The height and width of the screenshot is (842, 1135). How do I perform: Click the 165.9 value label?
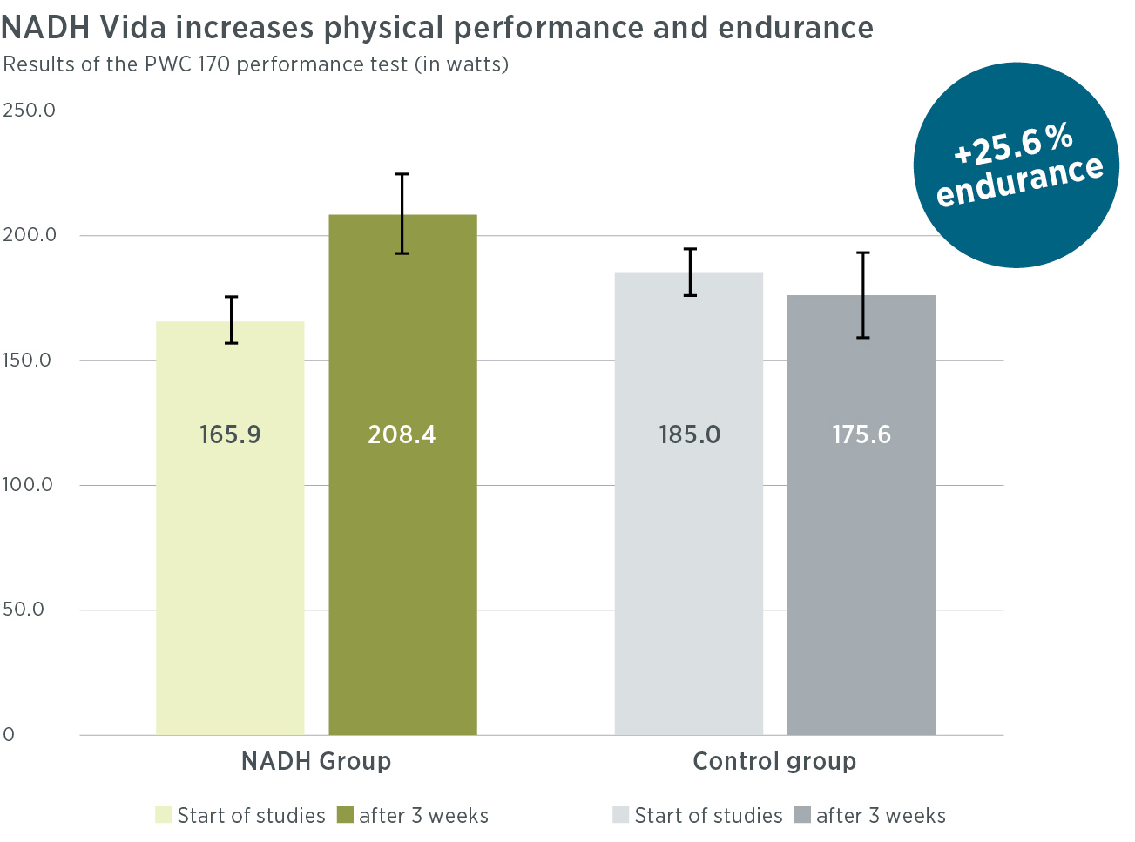[x=230, y=434]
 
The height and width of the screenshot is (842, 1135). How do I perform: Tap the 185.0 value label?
[x=689, y=434]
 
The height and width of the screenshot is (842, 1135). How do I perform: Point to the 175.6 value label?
[x=861, y=434]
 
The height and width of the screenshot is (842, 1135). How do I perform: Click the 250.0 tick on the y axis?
[x=29, y=111]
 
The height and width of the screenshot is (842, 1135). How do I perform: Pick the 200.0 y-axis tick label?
[x=29, y=235]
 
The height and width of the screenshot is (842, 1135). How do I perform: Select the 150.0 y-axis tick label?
[x=27, y=360]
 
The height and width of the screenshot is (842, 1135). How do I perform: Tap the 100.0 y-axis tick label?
[x=27, y=485]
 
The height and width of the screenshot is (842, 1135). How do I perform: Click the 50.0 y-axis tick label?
[x=24, y=610]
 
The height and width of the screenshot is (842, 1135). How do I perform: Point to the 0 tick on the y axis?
[x=9, y=735]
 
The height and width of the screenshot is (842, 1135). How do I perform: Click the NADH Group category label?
[x=316, y=761]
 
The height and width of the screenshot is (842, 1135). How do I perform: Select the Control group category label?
[x=774, y=761]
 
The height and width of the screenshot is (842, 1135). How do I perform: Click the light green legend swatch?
[x=163, y=815]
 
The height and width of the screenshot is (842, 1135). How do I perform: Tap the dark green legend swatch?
[x=345, y=815]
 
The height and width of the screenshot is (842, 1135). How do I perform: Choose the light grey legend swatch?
[x=620, y=815]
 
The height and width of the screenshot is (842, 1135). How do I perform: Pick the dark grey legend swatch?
[x=802, y=815]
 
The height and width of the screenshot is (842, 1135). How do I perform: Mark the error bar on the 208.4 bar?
[x=402, y=213]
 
